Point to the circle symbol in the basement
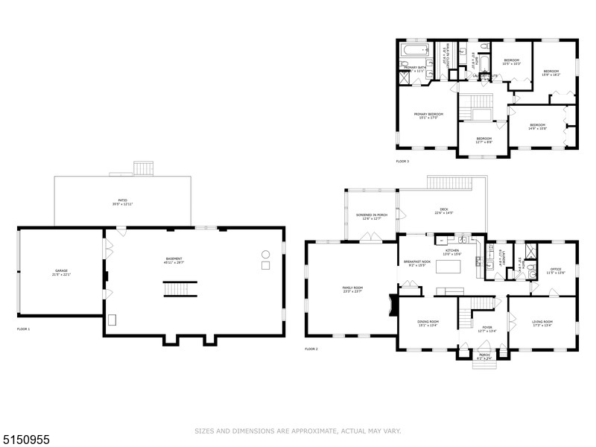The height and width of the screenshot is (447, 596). pyautogui.click(x=264, y=255)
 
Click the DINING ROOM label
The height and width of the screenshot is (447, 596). pyautogui.click(x=428, y=323)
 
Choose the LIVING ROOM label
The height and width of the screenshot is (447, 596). pyautogui.click(x=542, y=323)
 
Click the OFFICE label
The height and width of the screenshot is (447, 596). pyautogui.click(x=555, y=270)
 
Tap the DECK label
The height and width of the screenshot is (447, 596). pyautogui.click(x=444, y=212)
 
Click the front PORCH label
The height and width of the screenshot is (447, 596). pyautogui.click(x=484, y=356)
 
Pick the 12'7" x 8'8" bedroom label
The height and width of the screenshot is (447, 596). pyautogui.click(x=484, y=139)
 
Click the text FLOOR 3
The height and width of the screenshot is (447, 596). pyautogui.click(x=402, y=162)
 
